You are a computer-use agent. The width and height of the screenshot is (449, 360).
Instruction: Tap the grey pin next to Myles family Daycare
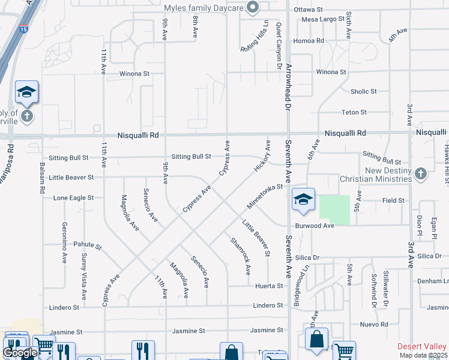tap(253, 7)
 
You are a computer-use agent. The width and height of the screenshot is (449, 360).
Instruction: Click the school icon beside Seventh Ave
tap(303, 200)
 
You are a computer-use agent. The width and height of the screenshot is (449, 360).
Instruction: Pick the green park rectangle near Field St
tap(334, 210)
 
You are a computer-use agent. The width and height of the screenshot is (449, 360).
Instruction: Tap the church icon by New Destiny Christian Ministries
tap(420, 174)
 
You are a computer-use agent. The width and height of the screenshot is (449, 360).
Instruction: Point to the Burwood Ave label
tap(314, 226)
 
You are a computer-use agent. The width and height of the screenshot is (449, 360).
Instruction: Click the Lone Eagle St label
tap(73, 197)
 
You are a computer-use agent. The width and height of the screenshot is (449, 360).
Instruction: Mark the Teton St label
tap(354, 112)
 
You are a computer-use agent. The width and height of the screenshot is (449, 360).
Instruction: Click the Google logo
tap(20, 353)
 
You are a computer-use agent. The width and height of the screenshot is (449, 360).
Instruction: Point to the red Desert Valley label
tap(423, 347)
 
